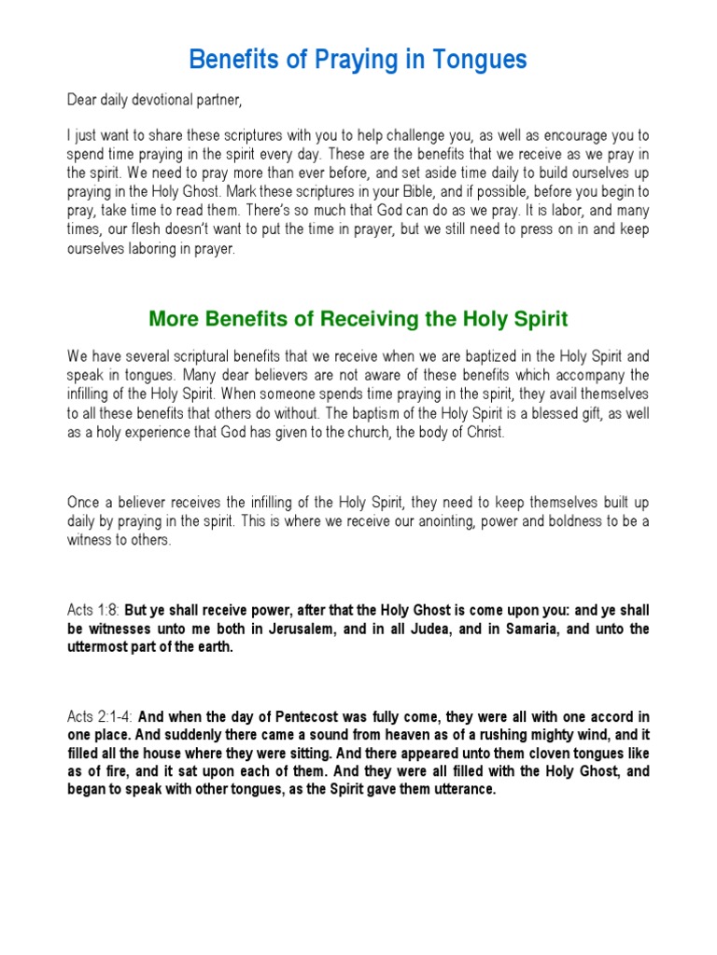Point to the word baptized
tap(484, 356)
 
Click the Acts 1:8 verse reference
tap(93, 610)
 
